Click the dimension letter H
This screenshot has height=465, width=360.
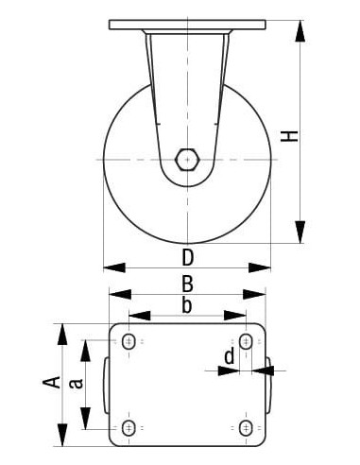295,135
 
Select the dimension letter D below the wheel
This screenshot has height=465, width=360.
187,257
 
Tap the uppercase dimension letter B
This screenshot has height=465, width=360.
187,283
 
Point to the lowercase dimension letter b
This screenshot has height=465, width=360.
187,304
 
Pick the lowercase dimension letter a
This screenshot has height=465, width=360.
78,383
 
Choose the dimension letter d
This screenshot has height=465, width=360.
229,356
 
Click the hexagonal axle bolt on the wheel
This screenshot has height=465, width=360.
187,159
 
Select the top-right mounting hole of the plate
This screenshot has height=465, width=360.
245,341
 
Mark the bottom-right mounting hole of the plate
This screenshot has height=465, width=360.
245,428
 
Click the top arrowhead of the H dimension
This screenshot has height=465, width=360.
300,31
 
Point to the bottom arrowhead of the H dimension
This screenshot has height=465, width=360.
300,231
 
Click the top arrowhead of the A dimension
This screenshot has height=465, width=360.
64,333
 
